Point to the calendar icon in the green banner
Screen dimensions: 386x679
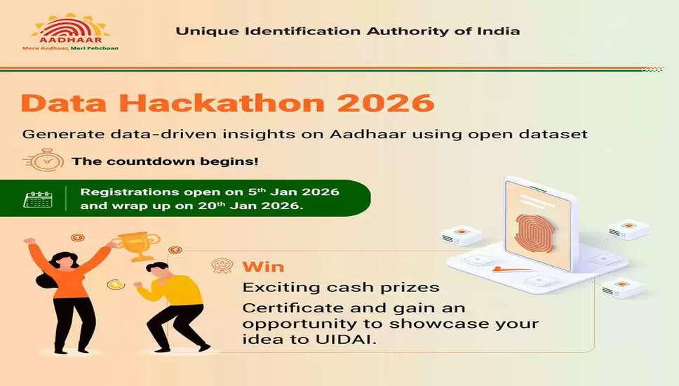[x=38, y=199]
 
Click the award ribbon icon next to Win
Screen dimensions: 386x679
[x=222, y=267]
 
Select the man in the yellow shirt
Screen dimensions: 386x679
[x=172, y=302]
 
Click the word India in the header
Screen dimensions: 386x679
[x=502, y=31]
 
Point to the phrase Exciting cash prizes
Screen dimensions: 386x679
[x=341, y=287]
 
